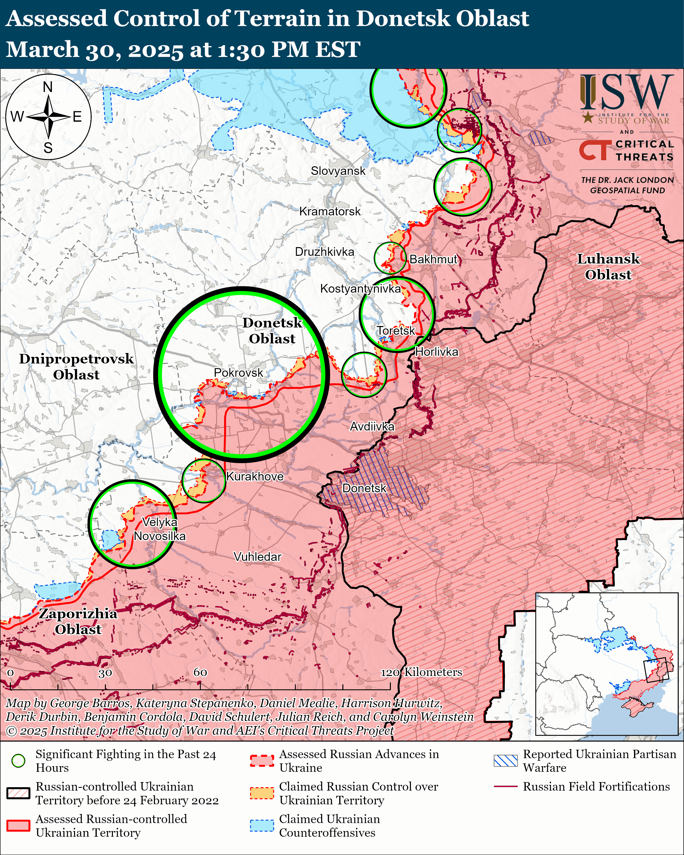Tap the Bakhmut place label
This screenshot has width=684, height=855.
coord(433,259)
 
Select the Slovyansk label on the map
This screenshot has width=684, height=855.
coord(338,171)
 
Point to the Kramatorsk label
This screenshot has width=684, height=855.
coord(330,211)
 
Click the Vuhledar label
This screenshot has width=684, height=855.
coord(257,557)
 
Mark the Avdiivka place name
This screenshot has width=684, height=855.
coord(372,426)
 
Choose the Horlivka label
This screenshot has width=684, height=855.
coord(436,352)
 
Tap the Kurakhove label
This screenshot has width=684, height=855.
coord(255,476)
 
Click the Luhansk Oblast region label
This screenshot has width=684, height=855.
coord(608,266)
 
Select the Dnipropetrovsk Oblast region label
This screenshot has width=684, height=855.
coord(76,366)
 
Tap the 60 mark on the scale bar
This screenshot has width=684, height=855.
coord(200,672)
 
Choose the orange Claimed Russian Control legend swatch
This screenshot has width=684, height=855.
coord(262,793)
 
